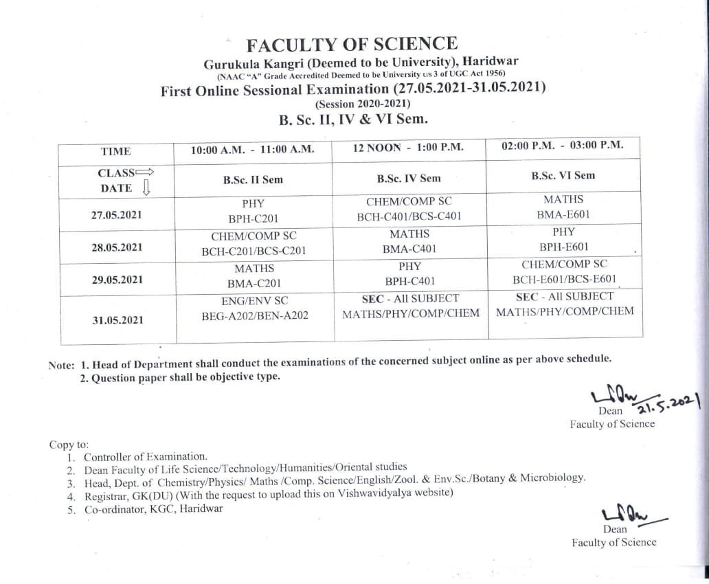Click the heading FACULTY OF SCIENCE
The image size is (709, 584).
coord(351,45)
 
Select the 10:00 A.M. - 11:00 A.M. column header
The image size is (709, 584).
coord(252,149)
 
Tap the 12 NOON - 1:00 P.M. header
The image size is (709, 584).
coord(408,147)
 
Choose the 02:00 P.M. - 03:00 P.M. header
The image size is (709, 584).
coord(563,145)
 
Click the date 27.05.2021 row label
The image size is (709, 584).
coord(116,215)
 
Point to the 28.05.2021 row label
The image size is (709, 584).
coord(116,247)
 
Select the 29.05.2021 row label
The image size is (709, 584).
coord(116,280)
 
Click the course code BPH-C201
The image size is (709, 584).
coord(252,218)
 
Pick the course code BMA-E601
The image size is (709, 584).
coord(563,214)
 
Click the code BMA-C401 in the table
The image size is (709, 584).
coord(409,249)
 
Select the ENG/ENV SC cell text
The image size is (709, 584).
coord(254,300)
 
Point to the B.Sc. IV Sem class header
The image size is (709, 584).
coord(409,178)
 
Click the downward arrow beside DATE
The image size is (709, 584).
coord(145,187)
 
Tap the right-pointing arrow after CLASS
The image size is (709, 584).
coord(145,172)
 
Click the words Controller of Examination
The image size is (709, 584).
coord(145,456)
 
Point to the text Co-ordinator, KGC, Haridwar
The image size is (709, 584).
coord(153,509)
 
